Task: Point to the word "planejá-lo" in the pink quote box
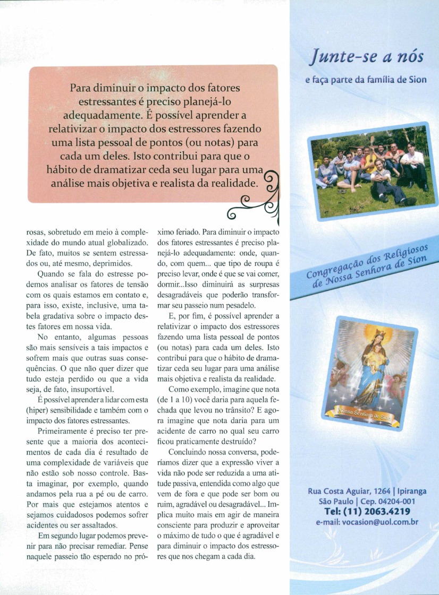tap(214, 101)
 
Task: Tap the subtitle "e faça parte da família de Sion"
tap(367, 81)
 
